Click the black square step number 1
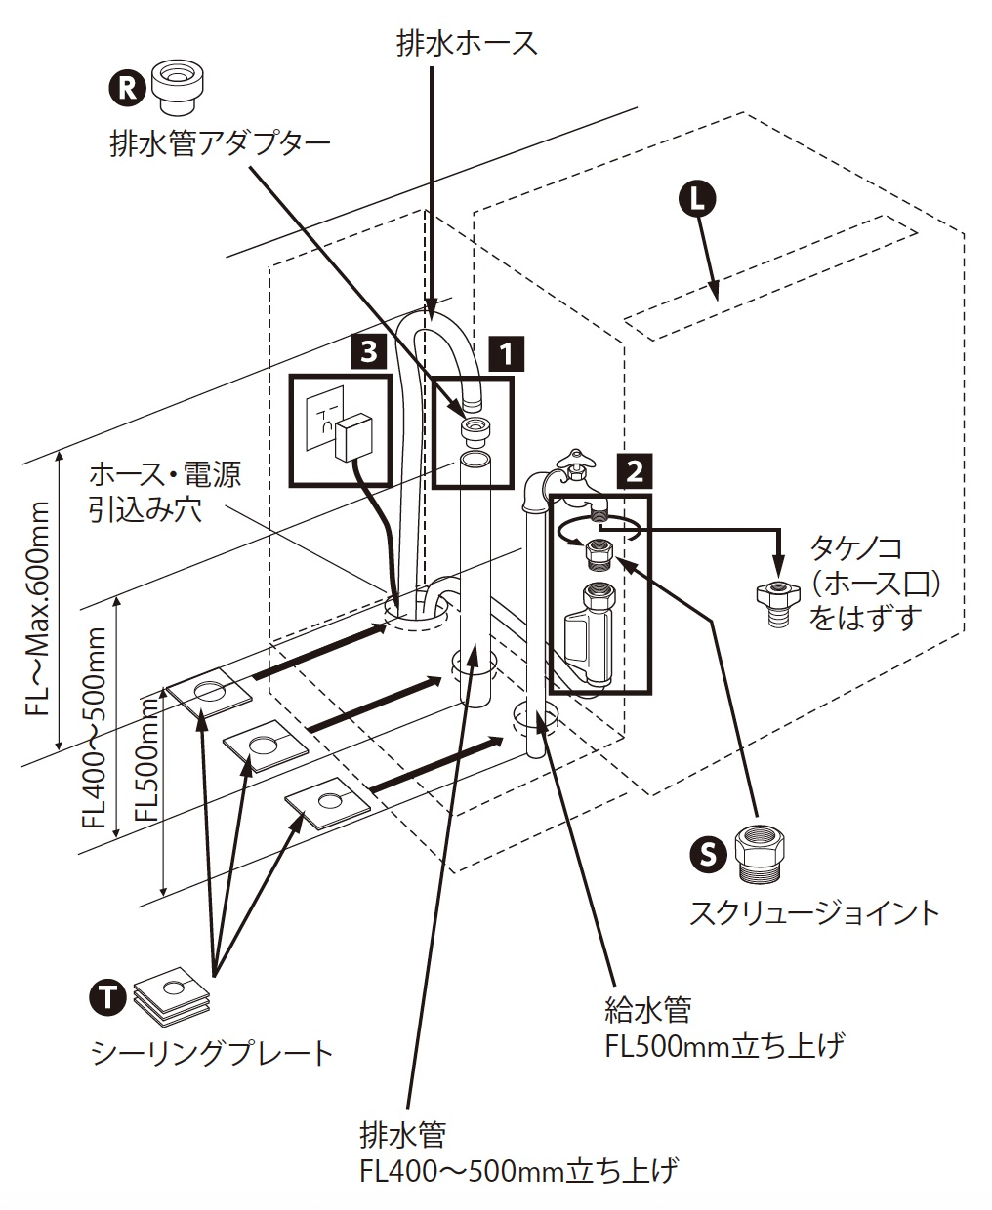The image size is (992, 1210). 507,352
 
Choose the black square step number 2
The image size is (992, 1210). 634,472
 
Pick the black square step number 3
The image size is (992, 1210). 367,350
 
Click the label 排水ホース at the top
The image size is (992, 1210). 466,44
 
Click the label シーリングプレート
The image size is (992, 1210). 212,1052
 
